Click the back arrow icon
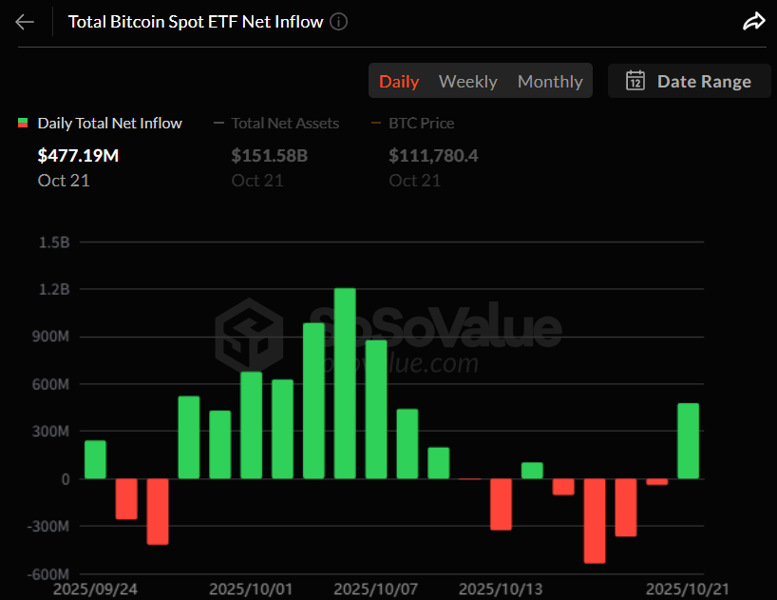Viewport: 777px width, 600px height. click(25, 22)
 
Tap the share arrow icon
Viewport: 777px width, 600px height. click(753, 22)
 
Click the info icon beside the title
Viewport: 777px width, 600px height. click(339, 22)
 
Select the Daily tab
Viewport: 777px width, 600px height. click(399, 82)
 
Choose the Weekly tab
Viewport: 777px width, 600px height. click(467, 82)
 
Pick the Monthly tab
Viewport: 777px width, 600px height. click(550, 82)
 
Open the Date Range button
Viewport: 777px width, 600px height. click(689, 82)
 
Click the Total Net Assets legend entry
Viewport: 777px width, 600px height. click(285, 123)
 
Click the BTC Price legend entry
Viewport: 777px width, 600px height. click(421, 123)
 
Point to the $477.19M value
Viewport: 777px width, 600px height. click(78, 155)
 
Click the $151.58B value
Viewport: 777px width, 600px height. click(270, 155)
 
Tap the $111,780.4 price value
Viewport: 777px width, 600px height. click(433, 155)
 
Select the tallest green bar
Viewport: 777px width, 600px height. click(345, 383)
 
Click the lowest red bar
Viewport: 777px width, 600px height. click(595, 520)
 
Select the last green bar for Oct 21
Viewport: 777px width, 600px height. click(688, 441)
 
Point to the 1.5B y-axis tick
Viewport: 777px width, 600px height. click(55, 242)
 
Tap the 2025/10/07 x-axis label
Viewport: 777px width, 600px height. click(375, 590)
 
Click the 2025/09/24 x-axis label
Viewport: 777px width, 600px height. click(95, 590)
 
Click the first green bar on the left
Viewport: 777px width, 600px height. click(95, 459)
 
